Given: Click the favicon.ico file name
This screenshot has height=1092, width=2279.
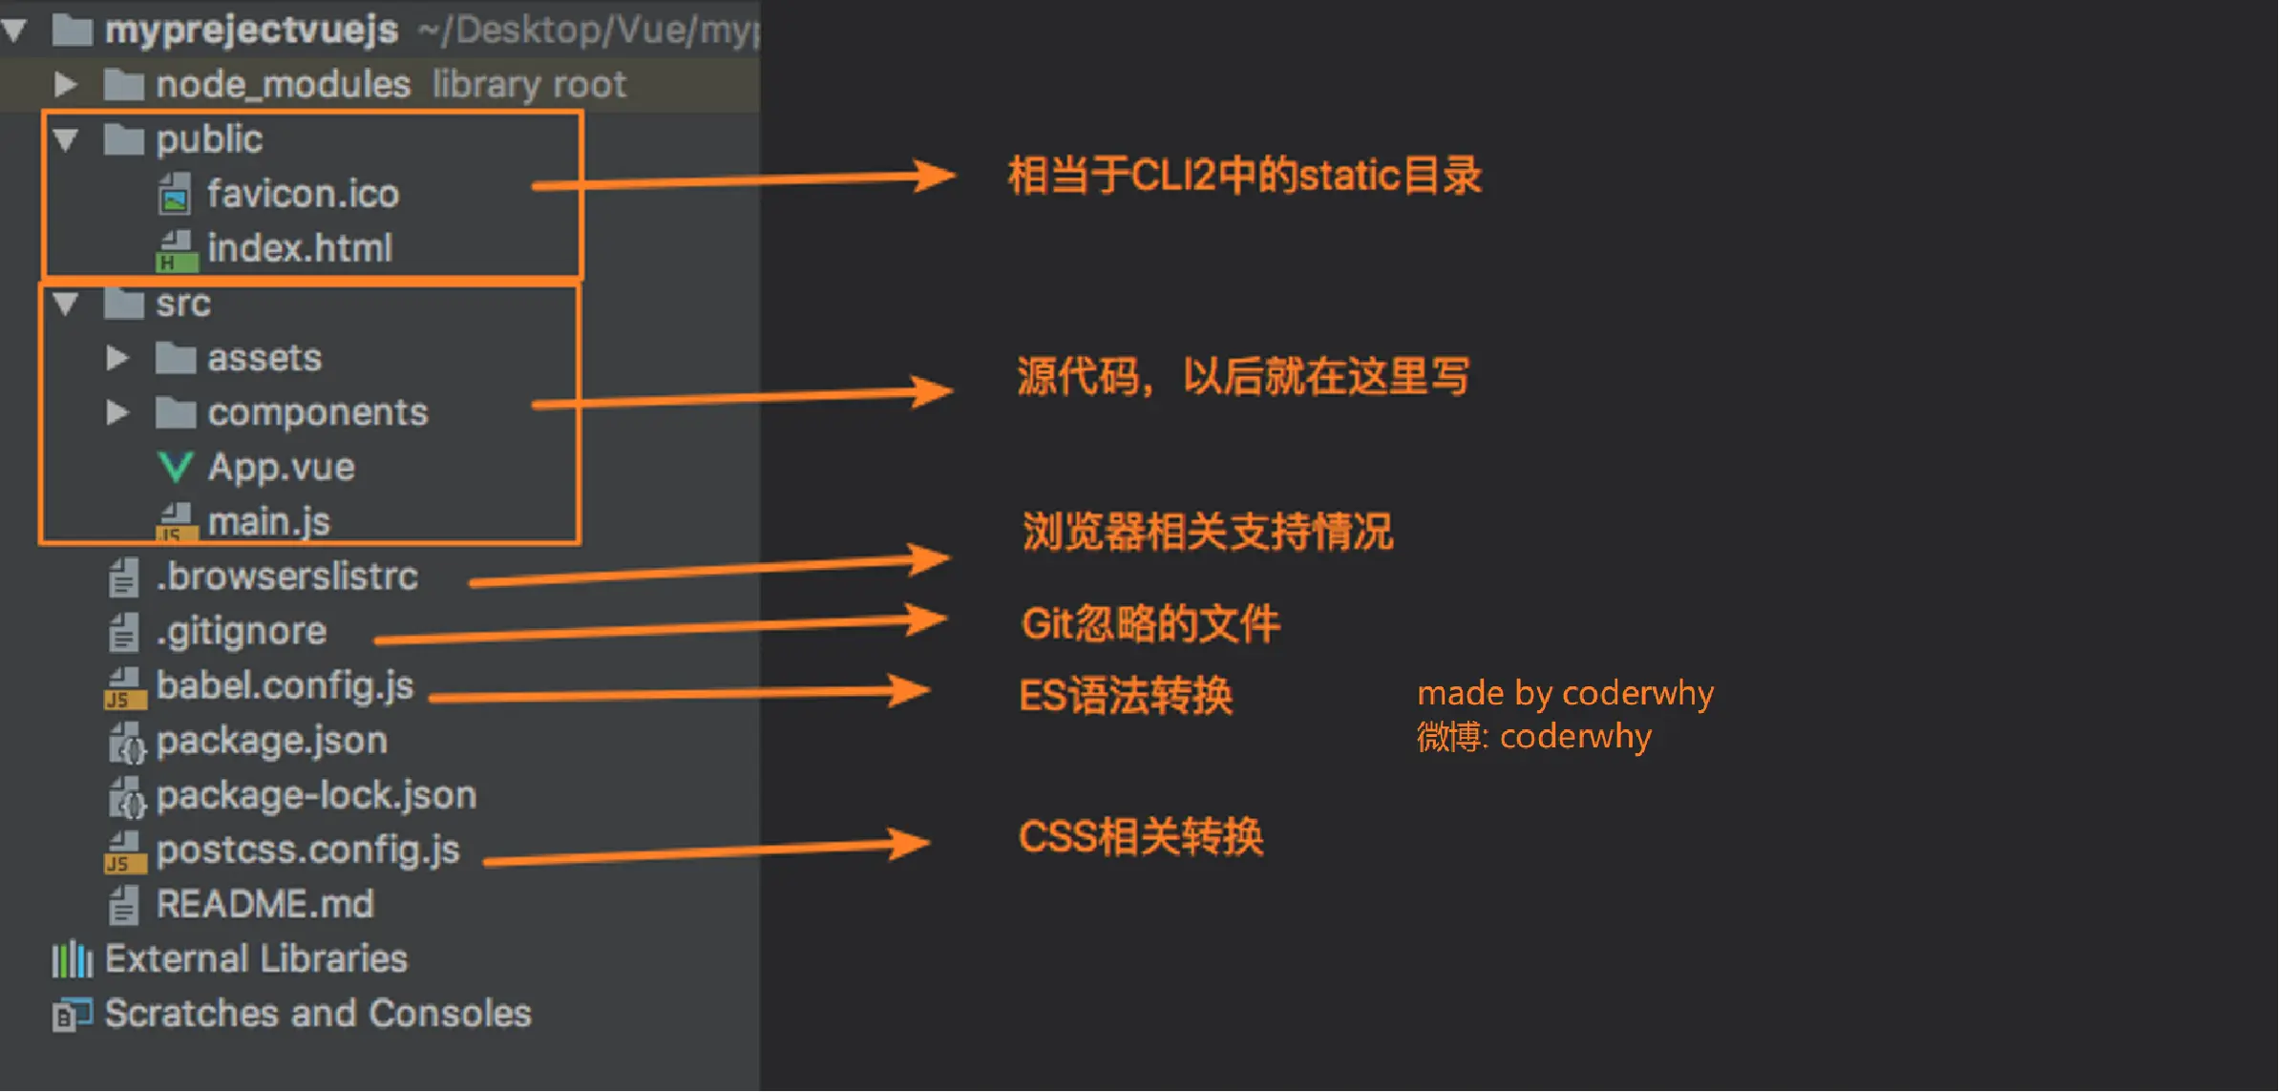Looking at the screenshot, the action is (303, 194).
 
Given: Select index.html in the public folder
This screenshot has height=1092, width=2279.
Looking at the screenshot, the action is (300, 248).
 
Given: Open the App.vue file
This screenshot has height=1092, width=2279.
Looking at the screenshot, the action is (281, 467).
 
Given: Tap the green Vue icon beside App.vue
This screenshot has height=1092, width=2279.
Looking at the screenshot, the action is (175, 467).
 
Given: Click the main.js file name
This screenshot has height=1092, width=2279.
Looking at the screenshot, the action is (268, 521).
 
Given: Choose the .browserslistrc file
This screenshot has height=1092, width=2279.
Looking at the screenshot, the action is (286, 577).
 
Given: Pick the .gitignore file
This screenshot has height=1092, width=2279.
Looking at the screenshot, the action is (241, 631).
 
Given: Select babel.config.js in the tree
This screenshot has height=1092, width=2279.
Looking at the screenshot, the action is (285, 685).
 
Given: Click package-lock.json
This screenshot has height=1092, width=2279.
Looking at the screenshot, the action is (315, 795).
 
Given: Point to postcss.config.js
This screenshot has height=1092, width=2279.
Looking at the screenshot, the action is (307, 850).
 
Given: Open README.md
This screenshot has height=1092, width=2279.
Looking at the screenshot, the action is (264, 904).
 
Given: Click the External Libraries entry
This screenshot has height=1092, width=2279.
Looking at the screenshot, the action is (255, 958).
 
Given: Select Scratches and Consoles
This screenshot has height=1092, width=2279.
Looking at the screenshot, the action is (317, 1013).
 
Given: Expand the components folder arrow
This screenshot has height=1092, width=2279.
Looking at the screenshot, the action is (117, 412).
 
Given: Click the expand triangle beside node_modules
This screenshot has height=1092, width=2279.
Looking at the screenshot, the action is (65, 84).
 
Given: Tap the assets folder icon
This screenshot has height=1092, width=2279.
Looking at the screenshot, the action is (176, 358).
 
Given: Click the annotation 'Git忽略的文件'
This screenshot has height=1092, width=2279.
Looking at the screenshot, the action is (1150, 623).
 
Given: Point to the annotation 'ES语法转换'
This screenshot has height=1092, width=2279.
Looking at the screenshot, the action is (1126, 695).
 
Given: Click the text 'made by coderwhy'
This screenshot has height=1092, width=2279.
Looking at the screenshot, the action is (1565, 692).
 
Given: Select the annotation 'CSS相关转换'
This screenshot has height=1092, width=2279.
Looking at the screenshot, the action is (1141, 836).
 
